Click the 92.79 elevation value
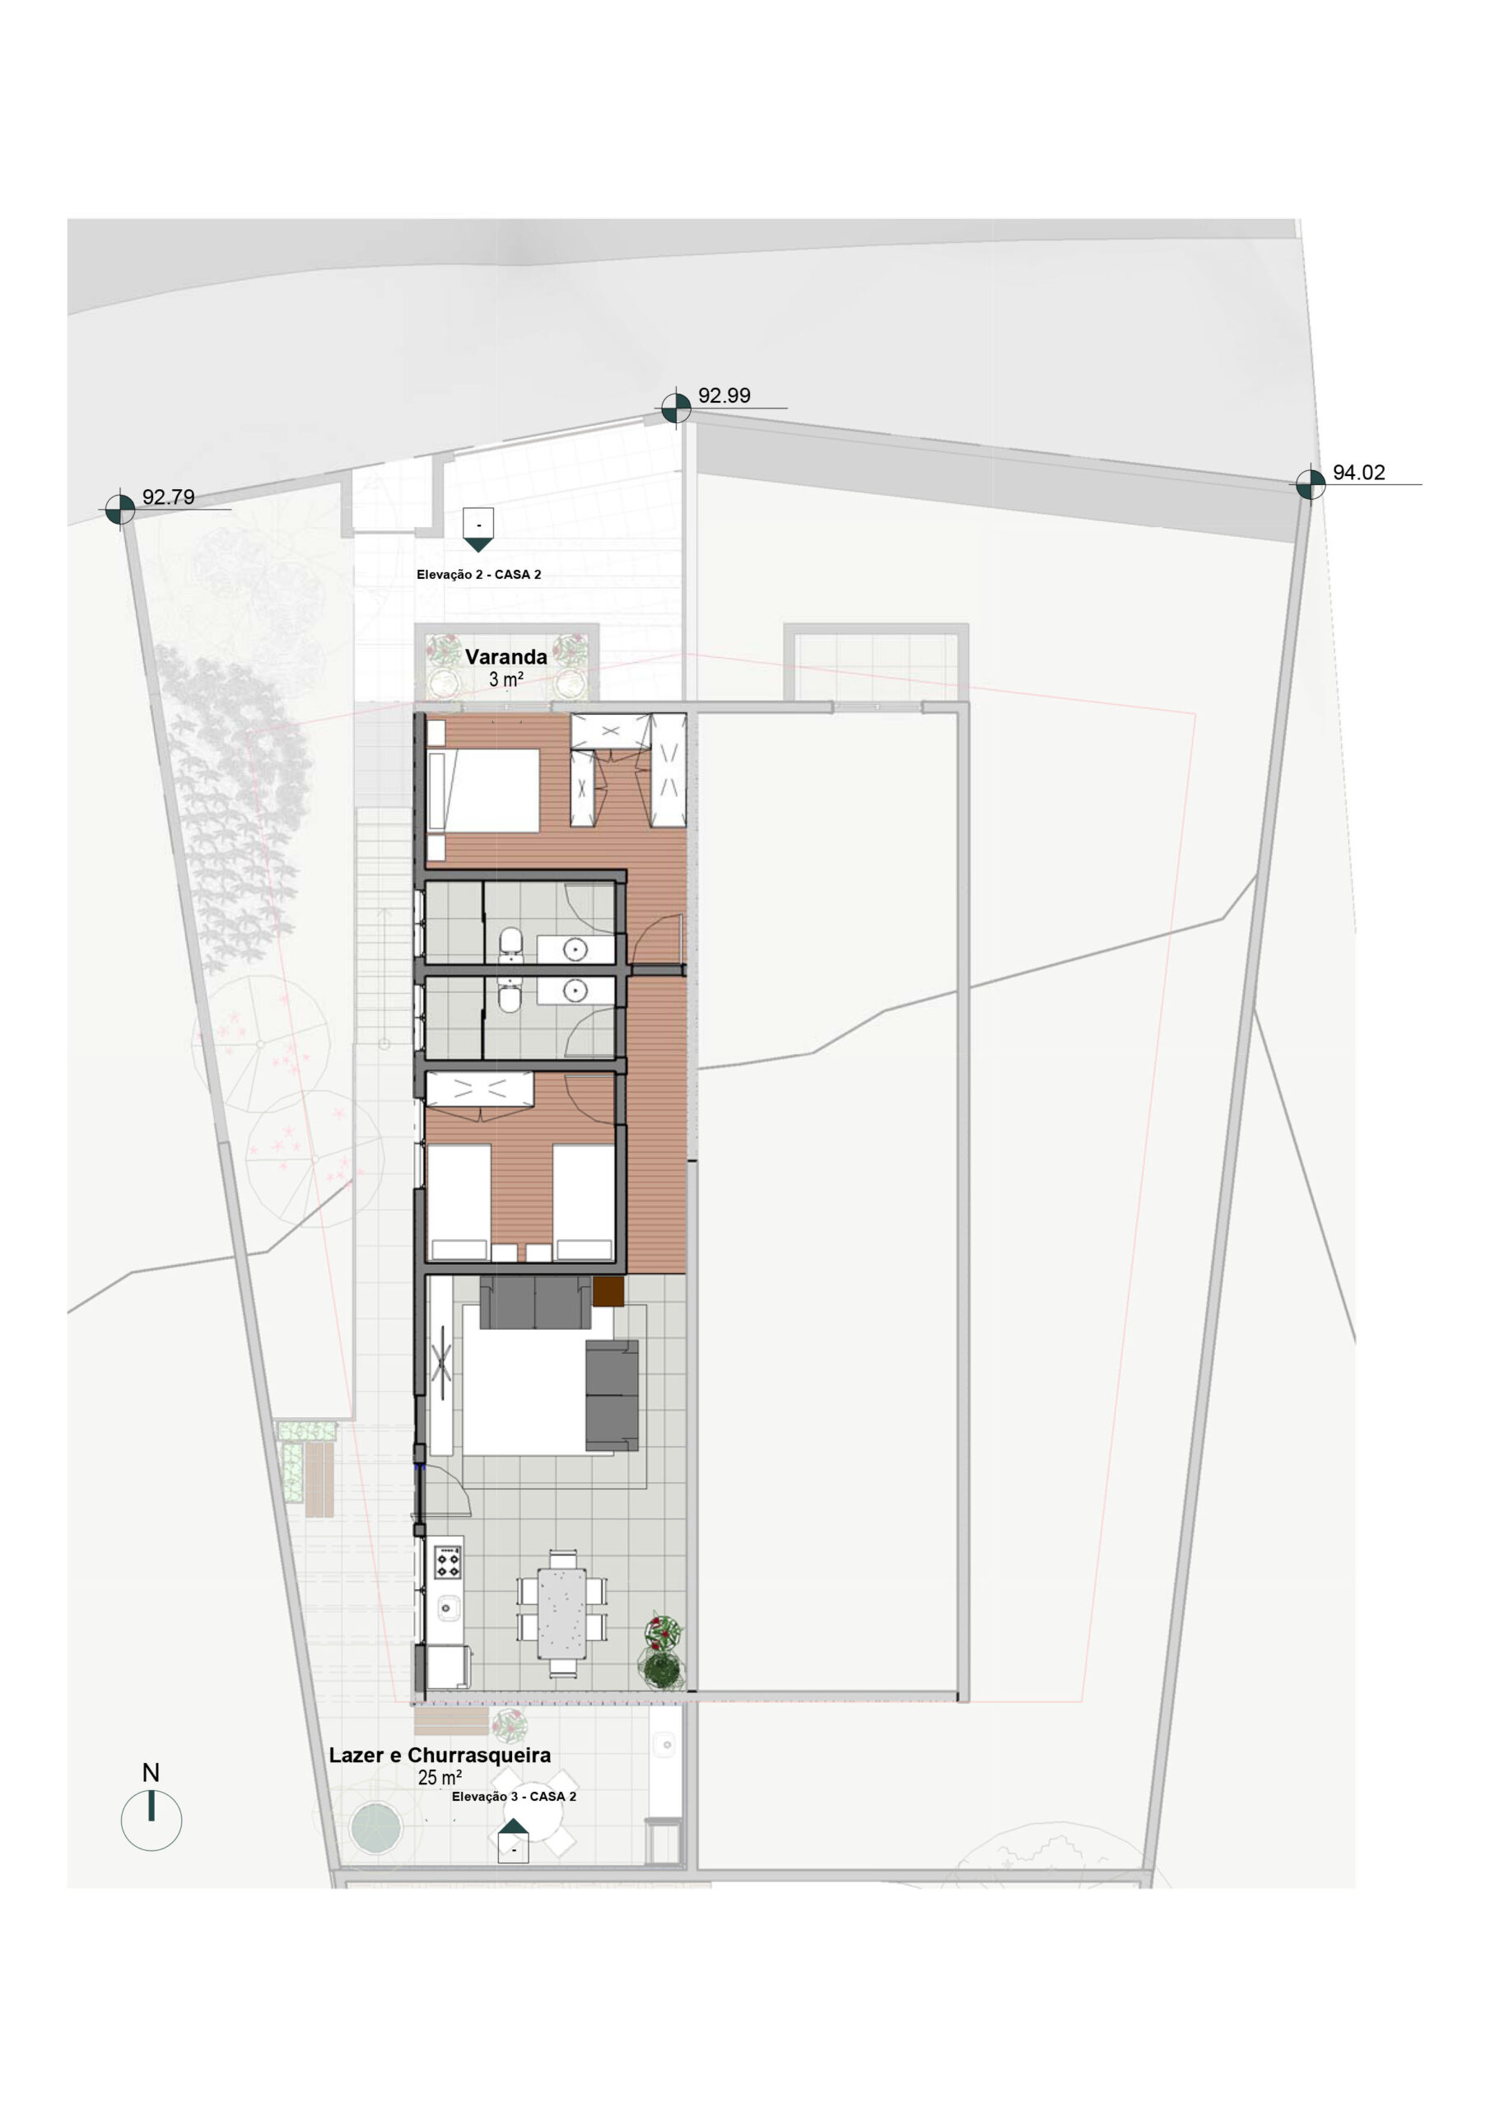168,497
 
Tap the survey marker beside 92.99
676,408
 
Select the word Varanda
505,656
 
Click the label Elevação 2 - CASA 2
478,575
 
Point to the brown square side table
608,1293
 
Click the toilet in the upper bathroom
510,945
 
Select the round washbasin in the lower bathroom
575,990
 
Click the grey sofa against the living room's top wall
535,1302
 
